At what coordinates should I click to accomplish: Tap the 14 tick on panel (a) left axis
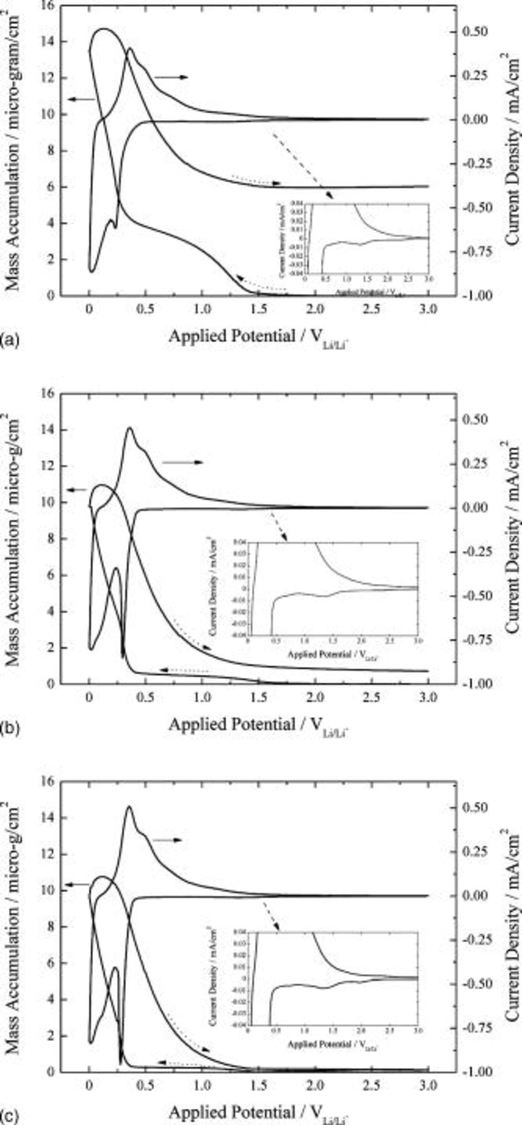click(x=48, y=42)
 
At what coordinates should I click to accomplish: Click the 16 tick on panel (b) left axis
click(x=48, y=394)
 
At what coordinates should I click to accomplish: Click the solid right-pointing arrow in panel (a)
click(x=171, y=77)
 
